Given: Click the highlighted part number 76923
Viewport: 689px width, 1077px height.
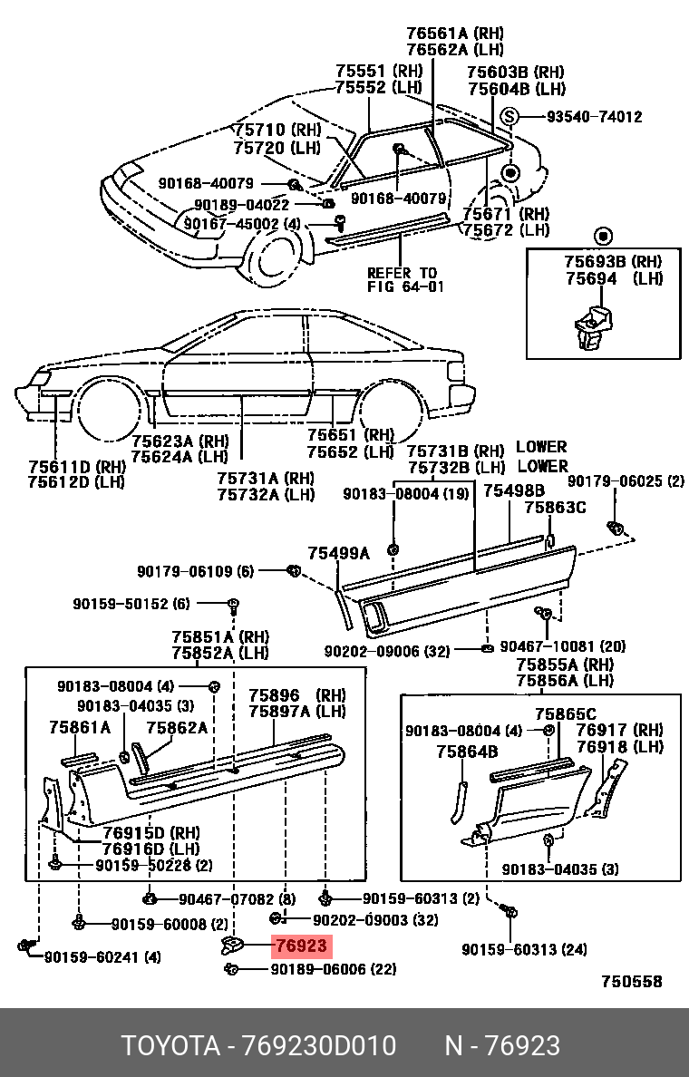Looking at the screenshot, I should (x=301, y=946).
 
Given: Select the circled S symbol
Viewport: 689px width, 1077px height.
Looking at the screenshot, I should (x=509, y=116).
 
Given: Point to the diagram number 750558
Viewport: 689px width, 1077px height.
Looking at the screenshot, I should (x=632, y=981).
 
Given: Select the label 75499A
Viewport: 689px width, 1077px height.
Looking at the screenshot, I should (x=338, y=552).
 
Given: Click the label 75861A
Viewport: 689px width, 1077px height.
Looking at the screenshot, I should (x=80, y=727).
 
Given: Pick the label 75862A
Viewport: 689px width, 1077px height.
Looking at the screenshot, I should (x=177, y=727).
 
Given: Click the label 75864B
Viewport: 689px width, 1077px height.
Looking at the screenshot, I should (x=467, y=751).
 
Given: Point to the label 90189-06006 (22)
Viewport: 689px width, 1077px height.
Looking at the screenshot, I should (x=333, y=969).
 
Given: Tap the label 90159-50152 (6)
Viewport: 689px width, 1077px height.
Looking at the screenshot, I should (x=131, y=604).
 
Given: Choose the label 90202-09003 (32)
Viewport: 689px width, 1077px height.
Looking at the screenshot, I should (x=375, y=920).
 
